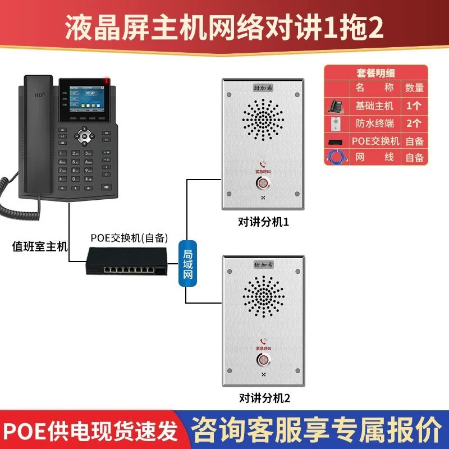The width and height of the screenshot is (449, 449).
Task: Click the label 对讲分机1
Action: coord(263,223)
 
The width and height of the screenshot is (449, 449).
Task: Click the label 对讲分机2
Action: coord(263,399)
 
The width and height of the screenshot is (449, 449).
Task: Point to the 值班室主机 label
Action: coord(40,246)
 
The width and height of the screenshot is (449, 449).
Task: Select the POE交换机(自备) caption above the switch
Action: coord(130,236)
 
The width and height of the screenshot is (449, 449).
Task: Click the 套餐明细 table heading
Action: coord(376,73)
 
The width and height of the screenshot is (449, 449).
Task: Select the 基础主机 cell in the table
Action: coord(375,106)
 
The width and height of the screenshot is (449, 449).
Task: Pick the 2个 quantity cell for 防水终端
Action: coord(414,123)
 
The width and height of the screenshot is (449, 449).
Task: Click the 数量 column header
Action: coord(414,88)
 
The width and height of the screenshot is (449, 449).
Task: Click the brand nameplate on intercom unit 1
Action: coord(263,88)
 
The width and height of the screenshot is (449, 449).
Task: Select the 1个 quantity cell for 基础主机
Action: coord(414,106)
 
